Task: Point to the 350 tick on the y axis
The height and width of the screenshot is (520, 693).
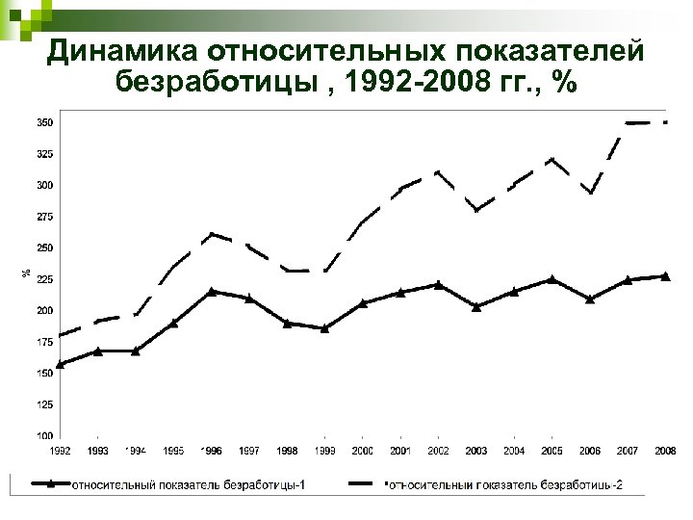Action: pyautogui.click(x=45, y=122)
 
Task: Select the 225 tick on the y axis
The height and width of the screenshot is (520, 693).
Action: pyautogui.click(x=45, y=279)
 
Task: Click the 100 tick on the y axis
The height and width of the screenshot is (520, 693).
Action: pyautogui.click(x=45, y=436)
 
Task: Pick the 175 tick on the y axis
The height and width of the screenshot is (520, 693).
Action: pyautogui.click(x=45, y=342)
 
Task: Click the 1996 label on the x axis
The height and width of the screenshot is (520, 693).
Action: pyautogui.click(x=212, y=451)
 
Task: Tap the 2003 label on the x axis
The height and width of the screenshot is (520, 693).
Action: pyautogui.click(x=476, y=451)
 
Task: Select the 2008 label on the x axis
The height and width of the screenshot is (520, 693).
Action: pyautogui.click(x=665, y=451)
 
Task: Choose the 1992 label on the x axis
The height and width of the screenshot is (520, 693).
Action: pyautogui.click(x=60, y=451)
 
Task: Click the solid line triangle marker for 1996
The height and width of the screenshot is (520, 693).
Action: pyautogui.click(x=212, y=291)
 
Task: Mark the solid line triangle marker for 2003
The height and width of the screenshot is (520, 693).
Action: pyautogui.click(x=476, y=306)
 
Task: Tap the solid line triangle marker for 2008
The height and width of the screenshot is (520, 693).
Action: pyautogui.click(x=665, y=276)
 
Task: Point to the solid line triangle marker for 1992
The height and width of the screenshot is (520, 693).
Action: pyautogui.click(x=60, y=364)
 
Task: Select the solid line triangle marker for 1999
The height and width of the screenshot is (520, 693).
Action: pyautogui.click(x=325, y=328)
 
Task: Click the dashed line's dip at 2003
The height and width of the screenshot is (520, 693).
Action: pyautogui.click(x=476, y=210)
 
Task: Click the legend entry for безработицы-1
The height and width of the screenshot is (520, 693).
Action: pyautogui.click(x=178, y=484)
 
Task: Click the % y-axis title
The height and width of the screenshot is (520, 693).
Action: pyautogui.click(x=25, y=273)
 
